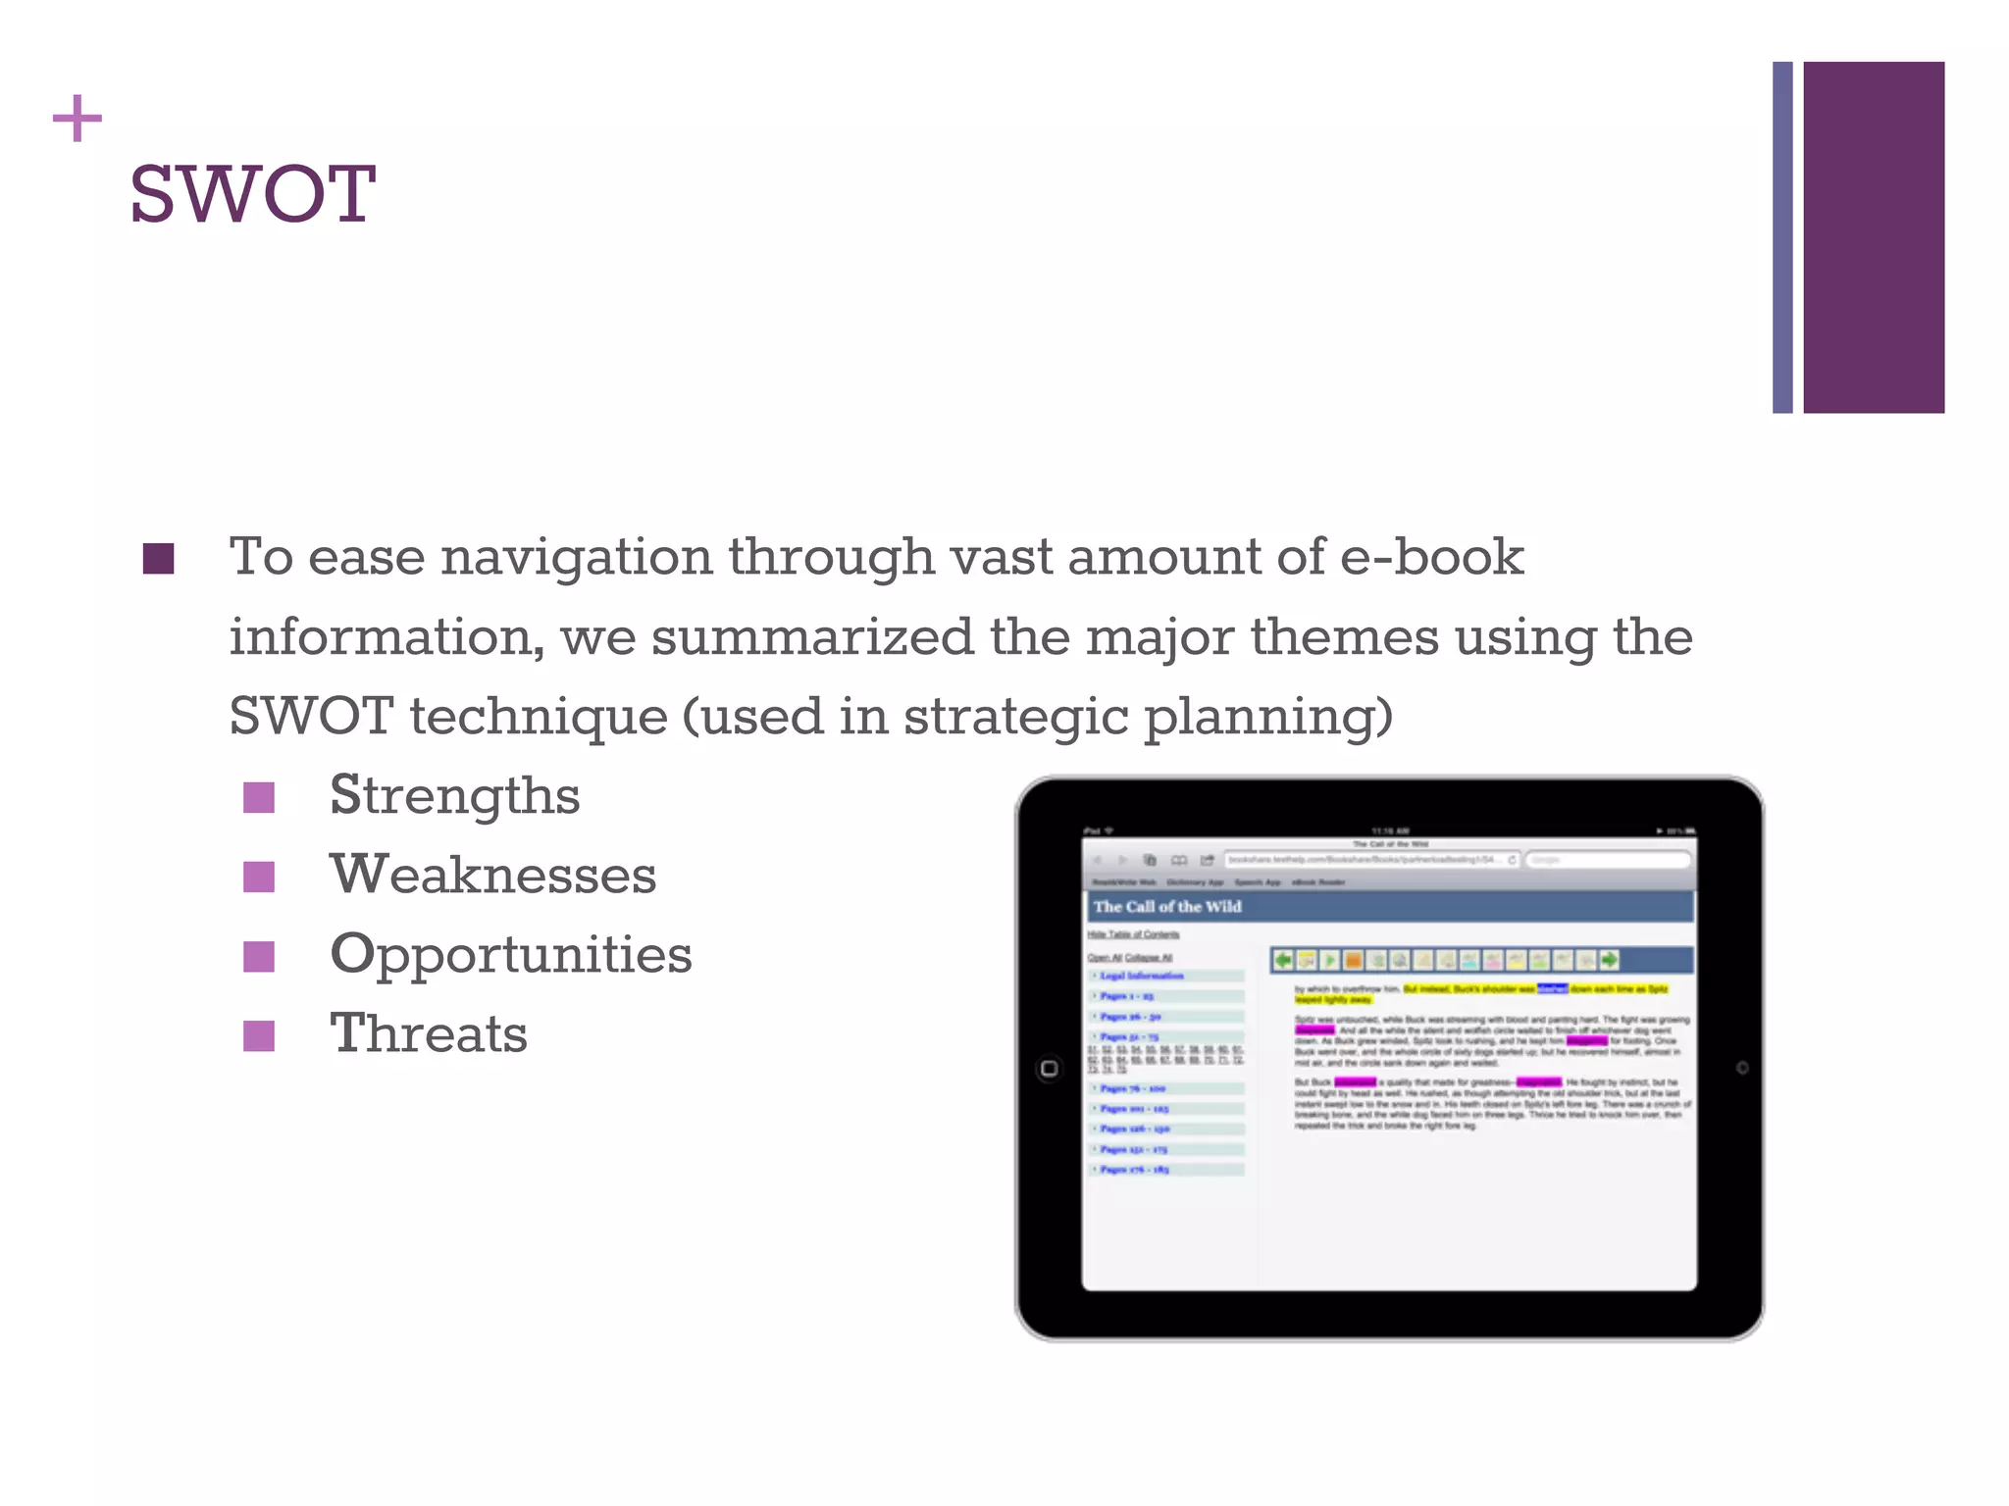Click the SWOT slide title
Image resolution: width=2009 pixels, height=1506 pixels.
click(252, 194)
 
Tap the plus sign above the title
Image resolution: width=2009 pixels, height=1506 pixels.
click(77, 120)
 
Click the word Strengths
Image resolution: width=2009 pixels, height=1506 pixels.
click(454, 795)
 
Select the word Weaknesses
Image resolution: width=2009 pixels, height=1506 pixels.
click(492, 875)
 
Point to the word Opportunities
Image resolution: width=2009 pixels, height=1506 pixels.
click(510, 954)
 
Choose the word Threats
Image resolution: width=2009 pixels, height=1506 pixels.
click(428, 1034)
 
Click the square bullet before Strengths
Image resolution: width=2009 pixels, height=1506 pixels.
click(259, 797)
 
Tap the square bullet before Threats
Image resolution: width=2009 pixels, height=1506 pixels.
click(259, 1035)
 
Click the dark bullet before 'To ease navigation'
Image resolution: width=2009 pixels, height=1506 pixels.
click(158, 559)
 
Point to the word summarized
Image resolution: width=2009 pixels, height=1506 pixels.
click(811, 637)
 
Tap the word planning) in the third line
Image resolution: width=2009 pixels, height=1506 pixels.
click(1268, 718)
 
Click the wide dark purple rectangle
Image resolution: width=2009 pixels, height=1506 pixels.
click(1873, 237)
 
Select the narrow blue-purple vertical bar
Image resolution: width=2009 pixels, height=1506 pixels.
click(1781, 237)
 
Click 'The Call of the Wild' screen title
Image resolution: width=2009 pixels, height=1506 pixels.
click(1166, 907)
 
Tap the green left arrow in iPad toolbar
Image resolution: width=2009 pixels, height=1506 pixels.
click(1282, 960)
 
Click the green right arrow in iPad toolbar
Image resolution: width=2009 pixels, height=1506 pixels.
click(1609, 960)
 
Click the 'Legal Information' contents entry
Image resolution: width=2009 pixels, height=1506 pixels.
click(1141, 977)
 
